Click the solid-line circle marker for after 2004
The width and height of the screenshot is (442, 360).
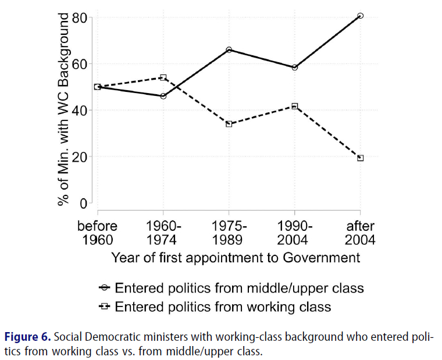(361, 16)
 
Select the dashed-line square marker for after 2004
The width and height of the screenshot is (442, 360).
(361, 158)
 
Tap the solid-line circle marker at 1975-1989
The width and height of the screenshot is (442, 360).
(229, 50)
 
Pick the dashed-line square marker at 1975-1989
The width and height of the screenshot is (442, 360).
(229, 124)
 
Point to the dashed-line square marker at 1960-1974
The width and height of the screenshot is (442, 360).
(163, 77)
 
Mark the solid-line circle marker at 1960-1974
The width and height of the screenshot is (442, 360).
(163, 96)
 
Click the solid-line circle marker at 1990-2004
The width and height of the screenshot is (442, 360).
(295, 67)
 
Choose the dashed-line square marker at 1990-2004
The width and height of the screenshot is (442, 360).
(295, 106)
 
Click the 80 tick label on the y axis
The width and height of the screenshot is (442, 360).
(80, 17)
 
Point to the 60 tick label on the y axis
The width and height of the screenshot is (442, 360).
(80, 64)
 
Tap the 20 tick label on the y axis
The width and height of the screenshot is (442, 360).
(80, 157)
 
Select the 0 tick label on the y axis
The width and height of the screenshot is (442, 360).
(84, 204)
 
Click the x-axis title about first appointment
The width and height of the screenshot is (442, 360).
(236, 257)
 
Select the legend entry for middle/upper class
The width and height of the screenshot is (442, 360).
(233, 288)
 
